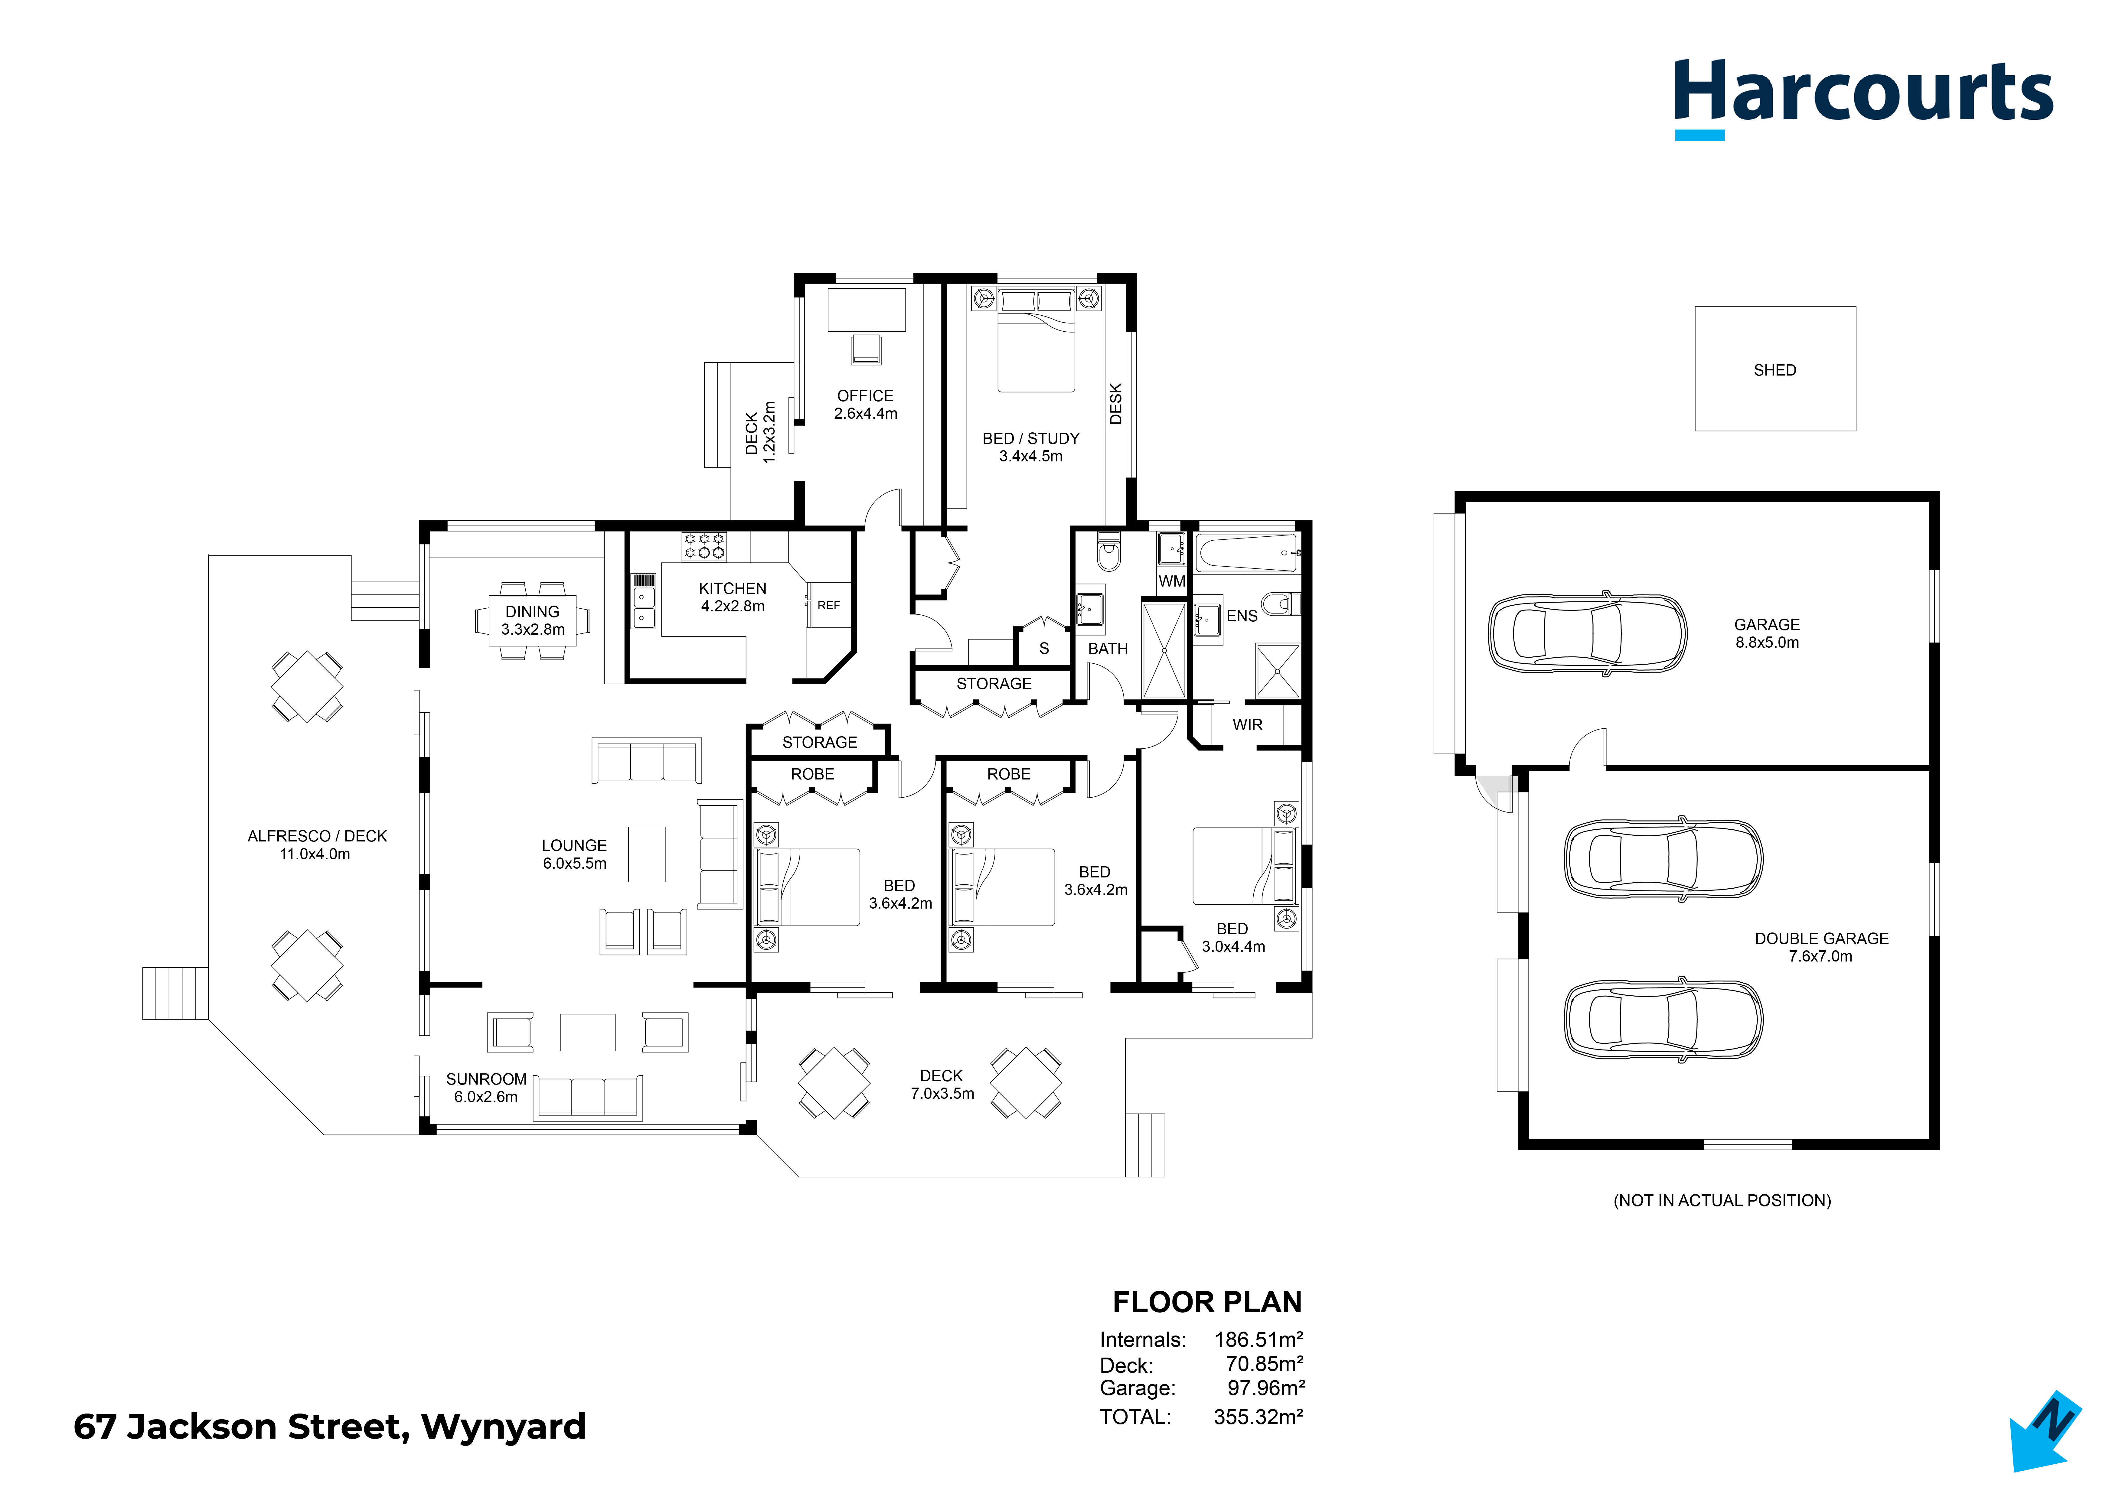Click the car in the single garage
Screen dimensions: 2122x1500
click(x=1587, y=633)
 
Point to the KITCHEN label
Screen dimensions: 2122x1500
click(x=732, y=589)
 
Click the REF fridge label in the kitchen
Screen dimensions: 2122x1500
click(x=828, y=605)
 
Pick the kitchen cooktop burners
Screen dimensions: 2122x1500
click(x=704, y=546)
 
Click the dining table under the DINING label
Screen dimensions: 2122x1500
click(x=532, y=620)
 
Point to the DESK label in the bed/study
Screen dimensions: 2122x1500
click(x=1115, y=404)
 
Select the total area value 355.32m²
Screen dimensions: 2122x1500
click(x=1258, y=1417)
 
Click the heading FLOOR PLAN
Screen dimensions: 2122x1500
click(x=1207, y=1302)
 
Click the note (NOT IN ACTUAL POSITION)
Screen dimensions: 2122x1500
click(x=1722, y=1201)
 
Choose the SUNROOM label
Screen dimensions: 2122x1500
click(x=486, y=1079)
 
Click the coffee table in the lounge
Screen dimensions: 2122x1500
click(x=647, y=854)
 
